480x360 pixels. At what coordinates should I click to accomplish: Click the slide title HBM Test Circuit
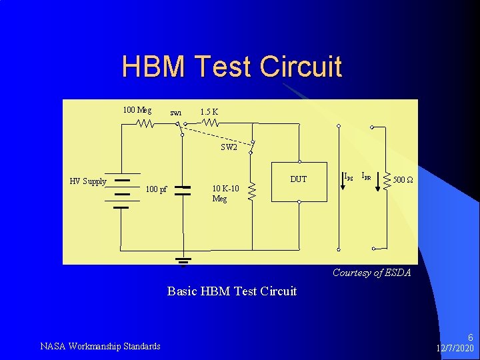click(231, 67)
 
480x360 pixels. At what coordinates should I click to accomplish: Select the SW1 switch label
click(175, 113)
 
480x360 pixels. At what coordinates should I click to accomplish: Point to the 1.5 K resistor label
click(209, 111)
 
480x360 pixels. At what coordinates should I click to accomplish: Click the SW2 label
click(229, 148)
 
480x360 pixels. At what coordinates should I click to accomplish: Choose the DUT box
click(299, 181)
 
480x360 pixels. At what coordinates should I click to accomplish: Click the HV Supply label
click(88, 181)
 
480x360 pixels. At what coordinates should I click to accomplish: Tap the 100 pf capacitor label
click(156, 189)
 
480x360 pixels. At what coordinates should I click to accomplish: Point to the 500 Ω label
click(404, 180)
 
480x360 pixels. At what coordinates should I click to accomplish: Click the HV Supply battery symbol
click(121, 193)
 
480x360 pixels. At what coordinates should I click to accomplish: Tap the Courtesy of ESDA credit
click(371, 273)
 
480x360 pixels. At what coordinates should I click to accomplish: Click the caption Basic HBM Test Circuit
click(231, 291)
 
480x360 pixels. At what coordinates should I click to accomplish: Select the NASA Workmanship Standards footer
click(100, 346)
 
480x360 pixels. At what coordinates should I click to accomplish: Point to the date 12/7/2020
click(455, 349)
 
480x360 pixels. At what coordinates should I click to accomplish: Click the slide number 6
click(470, 338)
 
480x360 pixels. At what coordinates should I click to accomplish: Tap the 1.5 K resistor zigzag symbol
click(210, 123)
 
